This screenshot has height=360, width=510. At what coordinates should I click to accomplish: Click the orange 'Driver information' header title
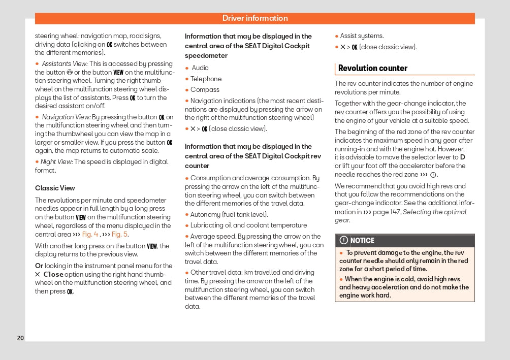[x=255, y=18]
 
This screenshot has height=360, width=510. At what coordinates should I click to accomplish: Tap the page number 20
[x=20, y=338]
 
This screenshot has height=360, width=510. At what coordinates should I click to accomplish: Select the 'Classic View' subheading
[x=55, y=188]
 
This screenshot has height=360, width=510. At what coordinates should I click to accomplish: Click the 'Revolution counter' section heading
[x=373, y=68]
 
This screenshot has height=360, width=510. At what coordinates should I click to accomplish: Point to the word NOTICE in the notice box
[x=362, y=241]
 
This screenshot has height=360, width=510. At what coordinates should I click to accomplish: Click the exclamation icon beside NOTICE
[x=344, y=241]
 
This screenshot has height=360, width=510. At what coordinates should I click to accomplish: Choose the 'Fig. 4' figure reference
[x=90, y=235]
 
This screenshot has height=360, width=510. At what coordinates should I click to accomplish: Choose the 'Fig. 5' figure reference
[x=120, y=235]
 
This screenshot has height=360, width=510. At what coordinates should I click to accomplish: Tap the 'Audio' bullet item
[x=200, y=68]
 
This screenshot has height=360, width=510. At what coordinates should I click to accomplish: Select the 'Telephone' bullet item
[x=206, y=79]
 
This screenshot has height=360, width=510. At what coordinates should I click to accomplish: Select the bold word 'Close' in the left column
[x=53, y=274]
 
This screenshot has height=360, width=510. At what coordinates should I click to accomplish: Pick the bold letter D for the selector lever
[x=462, y=157]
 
